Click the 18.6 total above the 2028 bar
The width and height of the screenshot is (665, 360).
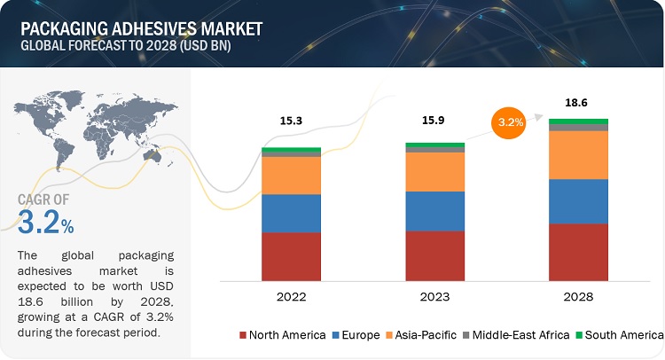(578, 103)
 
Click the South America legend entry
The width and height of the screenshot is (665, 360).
(621, 334)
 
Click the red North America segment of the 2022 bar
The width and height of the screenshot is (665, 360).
(291, 256)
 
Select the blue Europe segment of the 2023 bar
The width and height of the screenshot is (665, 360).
(434, 211)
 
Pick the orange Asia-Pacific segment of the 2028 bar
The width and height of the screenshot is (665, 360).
(578, 155)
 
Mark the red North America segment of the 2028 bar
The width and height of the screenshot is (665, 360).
(578, 252)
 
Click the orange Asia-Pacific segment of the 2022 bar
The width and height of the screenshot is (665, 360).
(291, 176)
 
